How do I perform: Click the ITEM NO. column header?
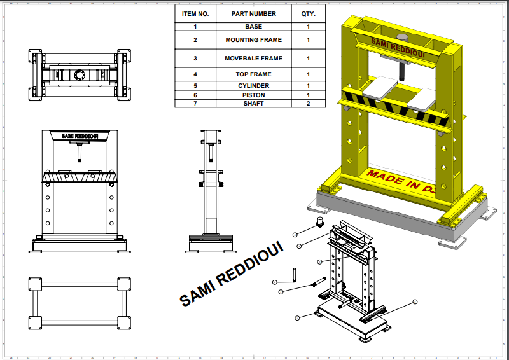pos(195,13)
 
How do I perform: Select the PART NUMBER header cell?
pos(253,13)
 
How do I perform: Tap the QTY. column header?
pos(308,13)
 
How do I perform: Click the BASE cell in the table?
pos(253,27)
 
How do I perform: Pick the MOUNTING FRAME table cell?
pos(253,40)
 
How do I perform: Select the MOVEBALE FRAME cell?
pos(253,59)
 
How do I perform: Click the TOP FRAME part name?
pos(253,74)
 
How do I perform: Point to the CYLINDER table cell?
pos(253,85)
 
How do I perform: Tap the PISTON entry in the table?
pos(253,95)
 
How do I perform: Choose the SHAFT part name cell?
pos(253,104)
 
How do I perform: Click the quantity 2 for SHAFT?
pos(308,104)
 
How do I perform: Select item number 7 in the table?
pos(195,104)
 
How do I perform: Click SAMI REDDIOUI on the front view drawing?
pos(79,136)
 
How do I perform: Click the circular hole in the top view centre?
pos(79,74)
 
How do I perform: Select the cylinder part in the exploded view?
pos(321,222)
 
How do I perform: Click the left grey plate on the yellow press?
pos(380,87)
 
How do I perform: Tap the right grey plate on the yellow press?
pos(422,99)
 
